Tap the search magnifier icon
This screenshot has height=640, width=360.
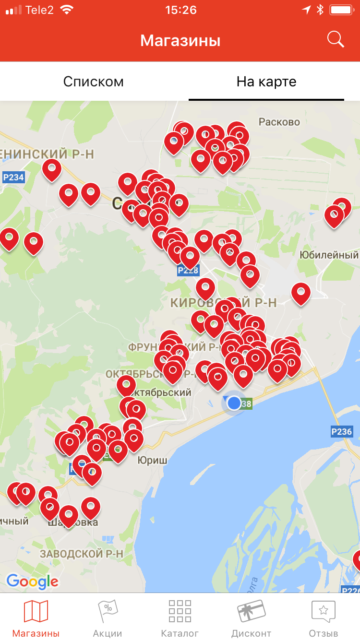336,39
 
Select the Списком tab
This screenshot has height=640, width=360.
94,82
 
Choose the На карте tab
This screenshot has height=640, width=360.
266,82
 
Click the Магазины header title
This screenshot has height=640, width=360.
180,40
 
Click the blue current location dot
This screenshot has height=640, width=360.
234,403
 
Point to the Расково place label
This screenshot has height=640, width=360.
279,122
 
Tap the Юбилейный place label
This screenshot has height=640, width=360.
329,255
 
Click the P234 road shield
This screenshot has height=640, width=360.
13,178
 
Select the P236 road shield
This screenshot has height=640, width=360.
341,431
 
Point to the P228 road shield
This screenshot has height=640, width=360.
188,271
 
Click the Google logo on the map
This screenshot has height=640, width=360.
32,581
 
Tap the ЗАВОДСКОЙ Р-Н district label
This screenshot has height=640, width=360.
82,553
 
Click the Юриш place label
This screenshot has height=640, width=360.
152,460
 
